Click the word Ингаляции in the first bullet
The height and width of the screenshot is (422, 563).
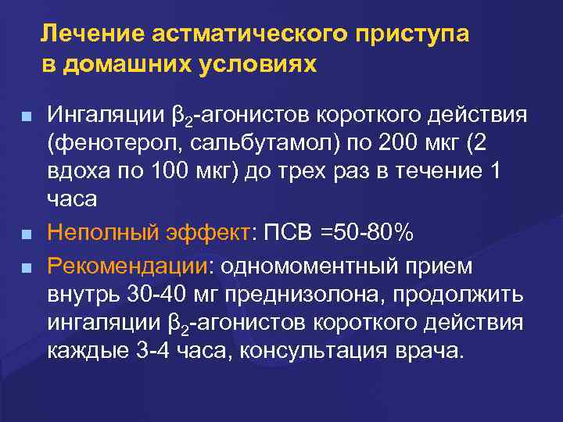tap(105, 117)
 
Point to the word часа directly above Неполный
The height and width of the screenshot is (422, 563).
tap(72, 199)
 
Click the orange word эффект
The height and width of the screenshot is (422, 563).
tap(203, 233)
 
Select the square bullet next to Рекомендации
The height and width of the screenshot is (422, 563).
tap(27, 267)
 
